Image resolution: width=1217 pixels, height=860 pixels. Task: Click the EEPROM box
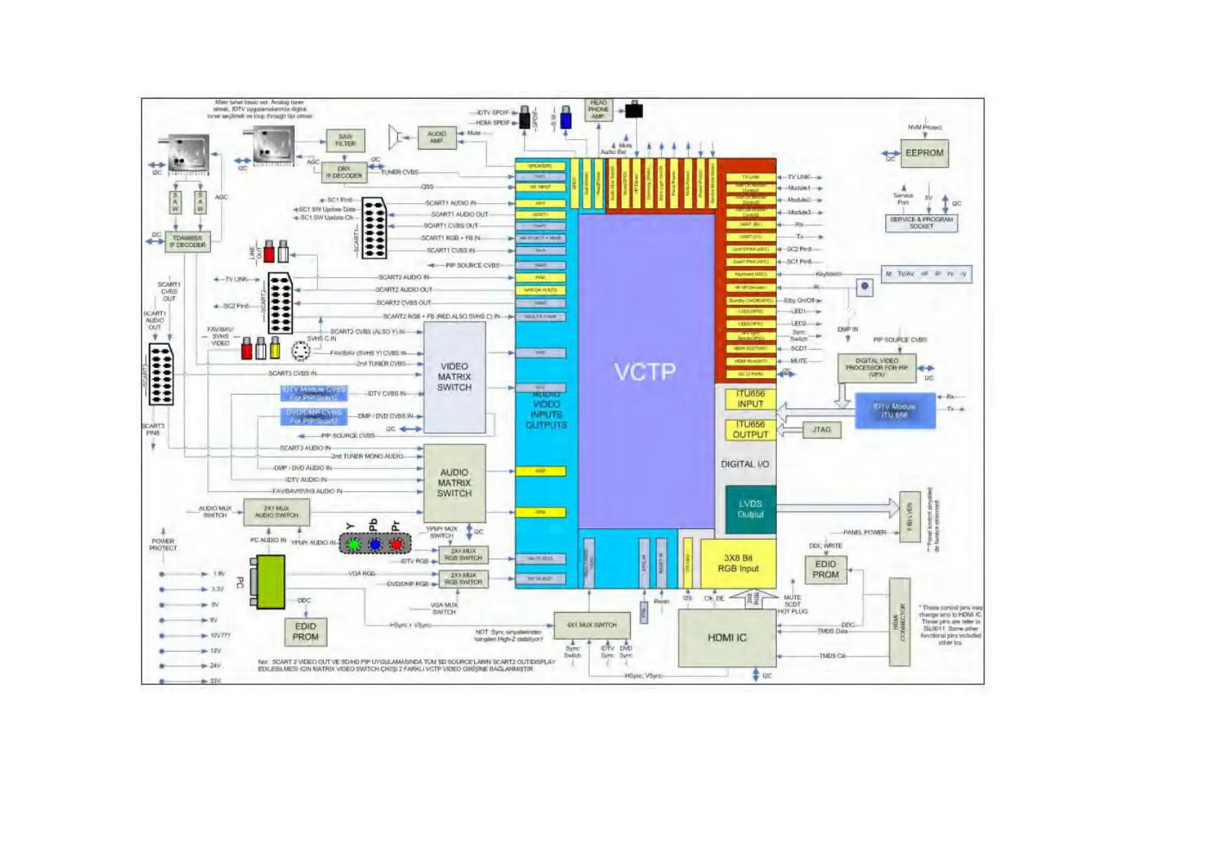point(924,153)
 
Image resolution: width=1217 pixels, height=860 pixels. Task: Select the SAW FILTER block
point(345,140)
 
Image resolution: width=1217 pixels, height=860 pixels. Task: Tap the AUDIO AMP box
point(437,137)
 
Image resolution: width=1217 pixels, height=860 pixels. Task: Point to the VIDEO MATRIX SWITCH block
point(454,377)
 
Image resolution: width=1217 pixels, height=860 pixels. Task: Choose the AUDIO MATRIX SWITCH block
point(454,483)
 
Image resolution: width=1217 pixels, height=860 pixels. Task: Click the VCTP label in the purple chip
point(645,371)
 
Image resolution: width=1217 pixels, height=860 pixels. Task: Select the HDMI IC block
point(726,637)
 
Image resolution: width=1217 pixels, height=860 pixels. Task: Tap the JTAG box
point(822,430)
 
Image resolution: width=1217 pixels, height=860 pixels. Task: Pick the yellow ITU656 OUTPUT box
point(750,430)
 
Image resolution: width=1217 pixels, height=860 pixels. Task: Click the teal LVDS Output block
point(750,509)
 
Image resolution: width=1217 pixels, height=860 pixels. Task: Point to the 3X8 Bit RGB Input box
point(738,564)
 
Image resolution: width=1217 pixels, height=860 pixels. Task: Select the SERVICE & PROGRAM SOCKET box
point(921,223)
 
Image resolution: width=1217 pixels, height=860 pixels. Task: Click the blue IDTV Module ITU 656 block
point(895,411)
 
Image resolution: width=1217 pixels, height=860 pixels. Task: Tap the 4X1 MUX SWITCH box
point(592,625)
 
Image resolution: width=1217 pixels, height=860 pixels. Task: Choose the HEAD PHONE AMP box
point(598,110)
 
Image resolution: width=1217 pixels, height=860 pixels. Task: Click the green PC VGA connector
point(270,582)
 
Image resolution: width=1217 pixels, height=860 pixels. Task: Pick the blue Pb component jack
point(375,544)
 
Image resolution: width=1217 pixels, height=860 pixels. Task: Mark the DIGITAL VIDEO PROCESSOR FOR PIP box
point(877,368)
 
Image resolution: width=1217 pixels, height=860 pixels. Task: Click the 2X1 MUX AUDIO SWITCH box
point(276,512)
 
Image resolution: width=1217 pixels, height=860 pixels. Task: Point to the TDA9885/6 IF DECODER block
point(188,241)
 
